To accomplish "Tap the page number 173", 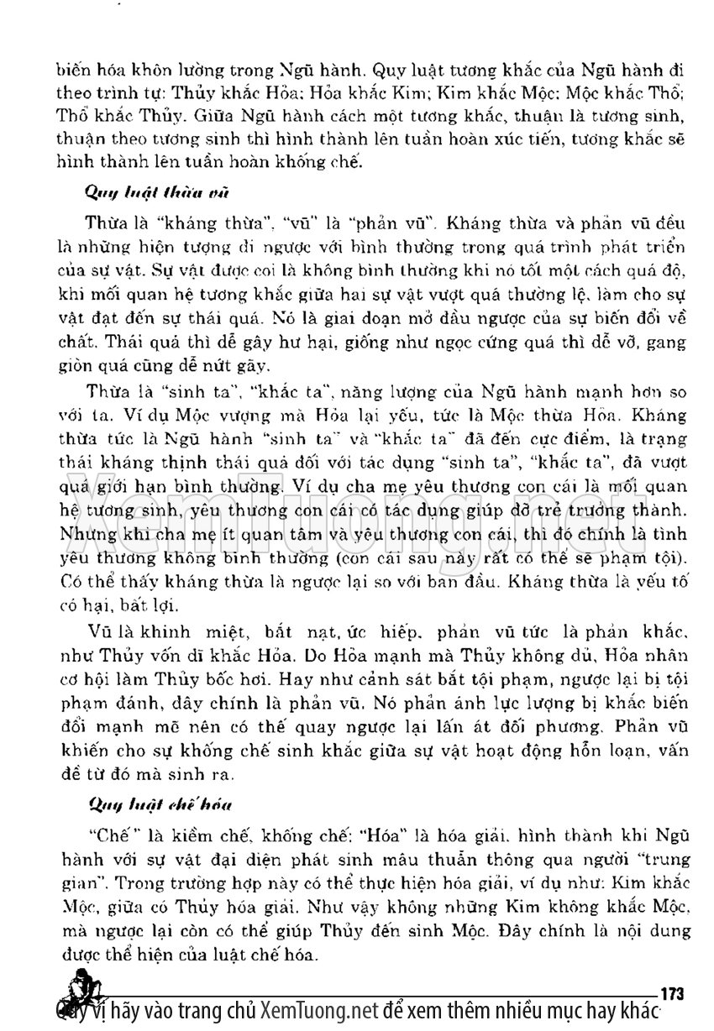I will pyautogui.click(x=673, y=994).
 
